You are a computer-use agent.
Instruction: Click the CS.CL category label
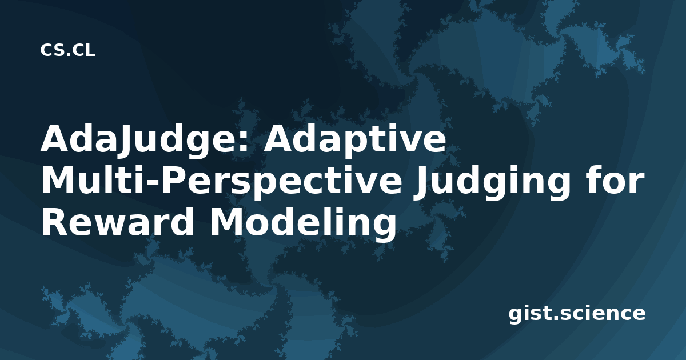(67, 50)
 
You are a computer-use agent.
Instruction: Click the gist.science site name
(577, 314)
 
